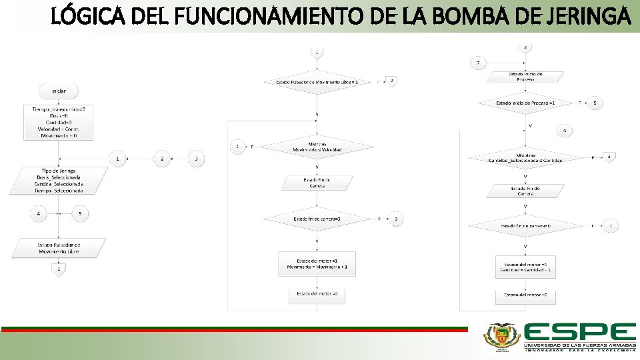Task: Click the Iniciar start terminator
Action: [59, 91]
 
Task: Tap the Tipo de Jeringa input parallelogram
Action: [59, 181]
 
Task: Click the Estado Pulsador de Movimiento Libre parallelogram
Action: [59, 248]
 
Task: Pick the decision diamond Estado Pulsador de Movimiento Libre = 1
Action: [317, 82]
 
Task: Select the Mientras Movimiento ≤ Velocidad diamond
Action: [317, 147]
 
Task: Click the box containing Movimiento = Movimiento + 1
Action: [317, 263]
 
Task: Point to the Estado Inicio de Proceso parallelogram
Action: [525, 77]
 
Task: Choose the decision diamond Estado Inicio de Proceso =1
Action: [525, 103]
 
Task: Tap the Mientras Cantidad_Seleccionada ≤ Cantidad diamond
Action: [525, 157]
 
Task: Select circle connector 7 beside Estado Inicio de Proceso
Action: [478, 63]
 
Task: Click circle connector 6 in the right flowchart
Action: [565, 131]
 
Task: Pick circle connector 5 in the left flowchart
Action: [80, 214]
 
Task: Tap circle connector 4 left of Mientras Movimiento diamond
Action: [238, 147]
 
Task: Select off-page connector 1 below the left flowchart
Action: [59, 269]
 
